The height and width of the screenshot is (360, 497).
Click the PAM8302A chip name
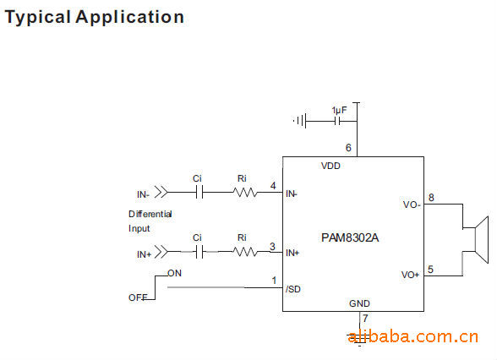350,237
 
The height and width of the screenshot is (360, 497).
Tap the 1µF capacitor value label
339,110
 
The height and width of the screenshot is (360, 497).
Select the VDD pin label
330,166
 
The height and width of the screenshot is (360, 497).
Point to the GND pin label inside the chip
359,303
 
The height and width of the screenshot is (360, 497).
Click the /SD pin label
292,289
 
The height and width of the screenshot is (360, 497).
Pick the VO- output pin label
412,205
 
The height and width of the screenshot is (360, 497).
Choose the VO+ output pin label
410,275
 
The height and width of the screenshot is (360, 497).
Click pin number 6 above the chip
348,148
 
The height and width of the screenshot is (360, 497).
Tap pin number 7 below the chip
365,318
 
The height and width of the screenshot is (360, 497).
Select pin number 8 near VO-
431,198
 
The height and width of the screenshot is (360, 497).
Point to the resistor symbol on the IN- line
245,193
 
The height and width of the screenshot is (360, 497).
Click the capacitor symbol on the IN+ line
199,253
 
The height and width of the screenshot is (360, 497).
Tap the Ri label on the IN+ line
242,237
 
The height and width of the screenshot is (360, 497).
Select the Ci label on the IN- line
197,179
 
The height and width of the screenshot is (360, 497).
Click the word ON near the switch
175,273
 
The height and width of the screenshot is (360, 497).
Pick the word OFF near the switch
138,297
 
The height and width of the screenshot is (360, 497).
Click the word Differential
150,215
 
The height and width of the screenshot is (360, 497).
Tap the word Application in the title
130,17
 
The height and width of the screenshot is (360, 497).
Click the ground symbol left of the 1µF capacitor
299,121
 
